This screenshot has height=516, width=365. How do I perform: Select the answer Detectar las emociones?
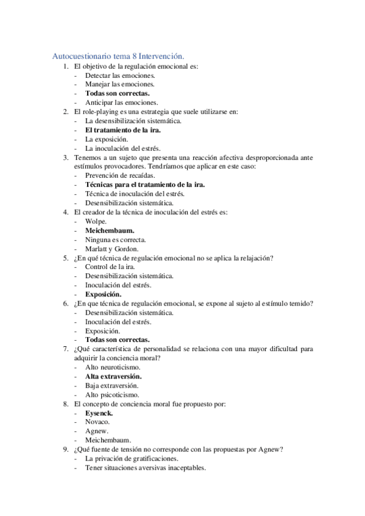(115, 75)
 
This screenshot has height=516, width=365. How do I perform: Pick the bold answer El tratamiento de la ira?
(126, 130)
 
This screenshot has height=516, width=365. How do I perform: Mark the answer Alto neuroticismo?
(113, 368)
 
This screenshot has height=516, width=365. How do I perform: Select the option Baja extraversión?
(112, 386)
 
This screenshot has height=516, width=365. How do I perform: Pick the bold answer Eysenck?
(99, 413)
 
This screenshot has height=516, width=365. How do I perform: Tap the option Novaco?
(97, 422)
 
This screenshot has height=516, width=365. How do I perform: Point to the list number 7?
(65, 349)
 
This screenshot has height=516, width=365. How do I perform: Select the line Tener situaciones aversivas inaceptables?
(145, 468)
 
